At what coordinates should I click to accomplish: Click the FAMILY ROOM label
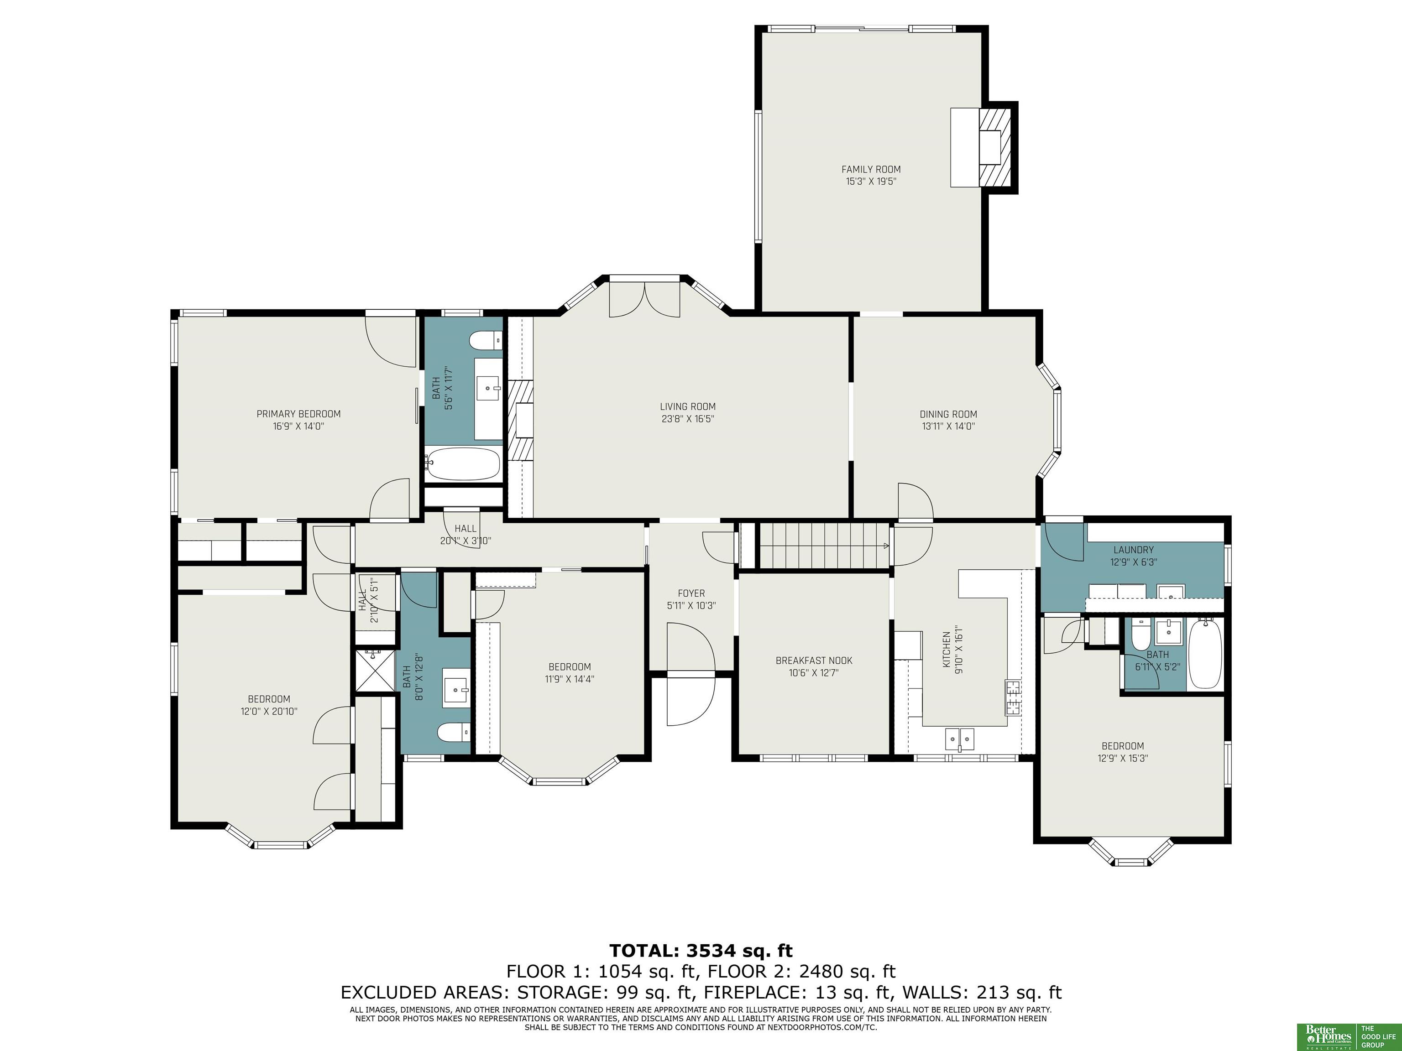tap(871, 169)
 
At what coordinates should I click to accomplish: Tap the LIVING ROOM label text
tap(688, 407)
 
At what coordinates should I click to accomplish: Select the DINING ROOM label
tap(948, 414)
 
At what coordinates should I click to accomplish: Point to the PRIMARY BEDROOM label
tap(298, 414)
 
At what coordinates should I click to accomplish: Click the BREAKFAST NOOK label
tap(814, 660)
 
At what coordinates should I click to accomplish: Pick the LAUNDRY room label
tap(1133, 550)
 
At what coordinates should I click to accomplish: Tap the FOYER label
tap(691, 593)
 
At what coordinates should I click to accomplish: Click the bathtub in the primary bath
tap(463, 464)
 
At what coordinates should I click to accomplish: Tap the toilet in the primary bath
tap(486, 341)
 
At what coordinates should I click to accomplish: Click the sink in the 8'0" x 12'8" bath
tap(456, 686)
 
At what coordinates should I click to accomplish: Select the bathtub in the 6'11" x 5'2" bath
tap(1205, 654)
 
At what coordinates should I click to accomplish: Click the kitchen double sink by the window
tap(960, 739)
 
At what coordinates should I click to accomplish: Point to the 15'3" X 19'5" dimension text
tap(871, 181)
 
